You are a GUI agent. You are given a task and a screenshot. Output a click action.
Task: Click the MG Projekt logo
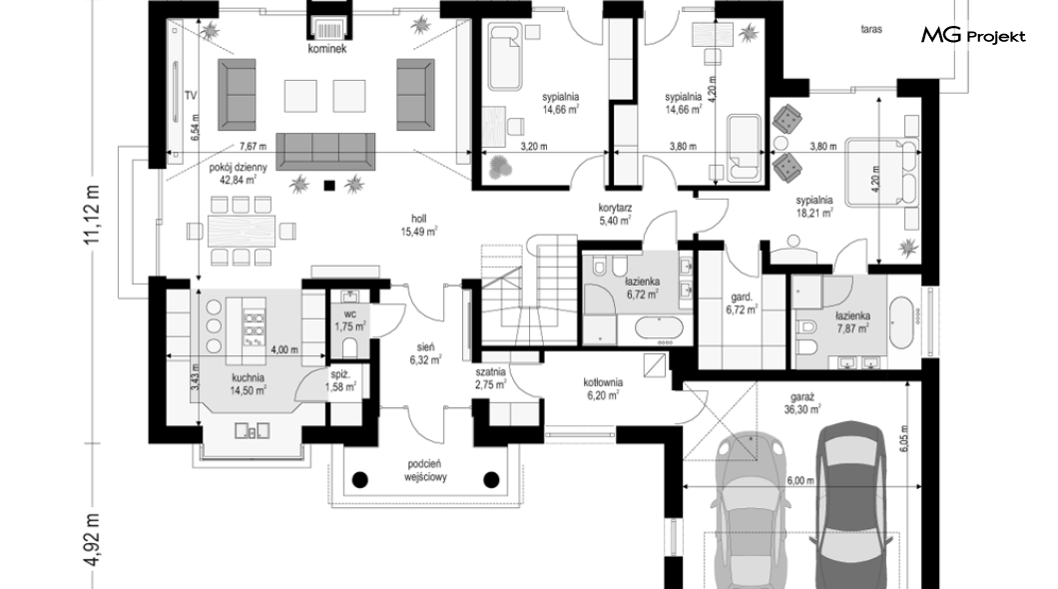point(973,36)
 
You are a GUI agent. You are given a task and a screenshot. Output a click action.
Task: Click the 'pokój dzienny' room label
point(239,167)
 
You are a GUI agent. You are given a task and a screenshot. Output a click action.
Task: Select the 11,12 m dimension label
point(92,216)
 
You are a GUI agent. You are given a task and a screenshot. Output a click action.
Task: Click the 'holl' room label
point(419,219)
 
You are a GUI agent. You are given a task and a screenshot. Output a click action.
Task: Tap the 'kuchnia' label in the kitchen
point(248,377)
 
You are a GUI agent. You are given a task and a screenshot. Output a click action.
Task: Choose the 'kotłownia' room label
point(603,382)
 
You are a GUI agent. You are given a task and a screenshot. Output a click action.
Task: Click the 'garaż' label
point(802,397)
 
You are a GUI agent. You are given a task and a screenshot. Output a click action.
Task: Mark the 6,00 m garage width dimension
point(800,480)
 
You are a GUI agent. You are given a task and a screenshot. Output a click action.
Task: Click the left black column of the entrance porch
point(360,480)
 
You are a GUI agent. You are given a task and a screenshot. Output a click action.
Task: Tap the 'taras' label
point(871,29)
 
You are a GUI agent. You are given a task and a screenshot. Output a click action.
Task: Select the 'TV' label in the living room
point(191,96)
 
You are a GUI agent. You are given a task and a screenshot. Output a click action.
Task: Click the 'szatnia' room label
point(490,371)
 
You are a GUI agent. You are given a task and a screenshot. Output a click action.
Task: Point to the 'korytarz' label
point(615,208)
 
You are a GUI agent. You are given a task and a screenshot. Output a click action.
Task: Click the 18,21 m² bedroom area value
point(814,213)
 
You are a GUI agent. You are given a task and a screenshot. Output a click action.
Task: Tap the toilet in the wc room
point(350,347)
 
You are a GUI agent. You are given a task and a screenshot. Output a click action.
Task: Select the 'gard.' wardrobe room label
point(742,296)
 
